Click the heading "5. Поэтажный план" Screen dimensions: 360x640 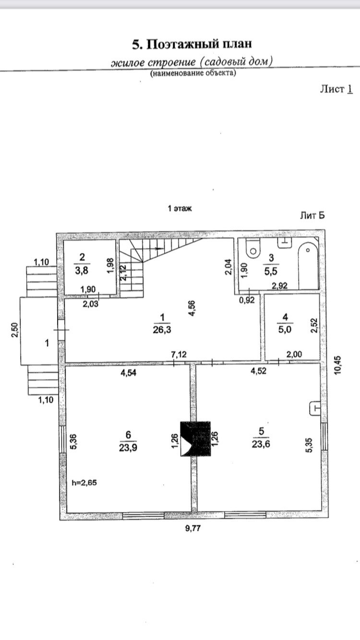192,45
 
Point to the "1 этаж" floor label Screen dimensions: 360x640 180,209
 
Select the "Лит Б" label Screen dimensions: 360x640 312,215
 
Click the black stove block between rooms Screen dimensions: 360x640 195,439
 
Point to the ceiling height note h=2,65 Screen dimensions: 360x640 84,483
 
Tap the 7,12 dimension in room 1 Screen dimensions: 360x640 180,355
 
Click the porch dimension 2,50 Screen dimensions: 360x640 15,331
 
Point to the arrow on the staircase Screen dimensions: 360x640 159,249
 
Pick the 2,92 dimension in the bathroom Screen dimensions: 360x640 279,286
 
